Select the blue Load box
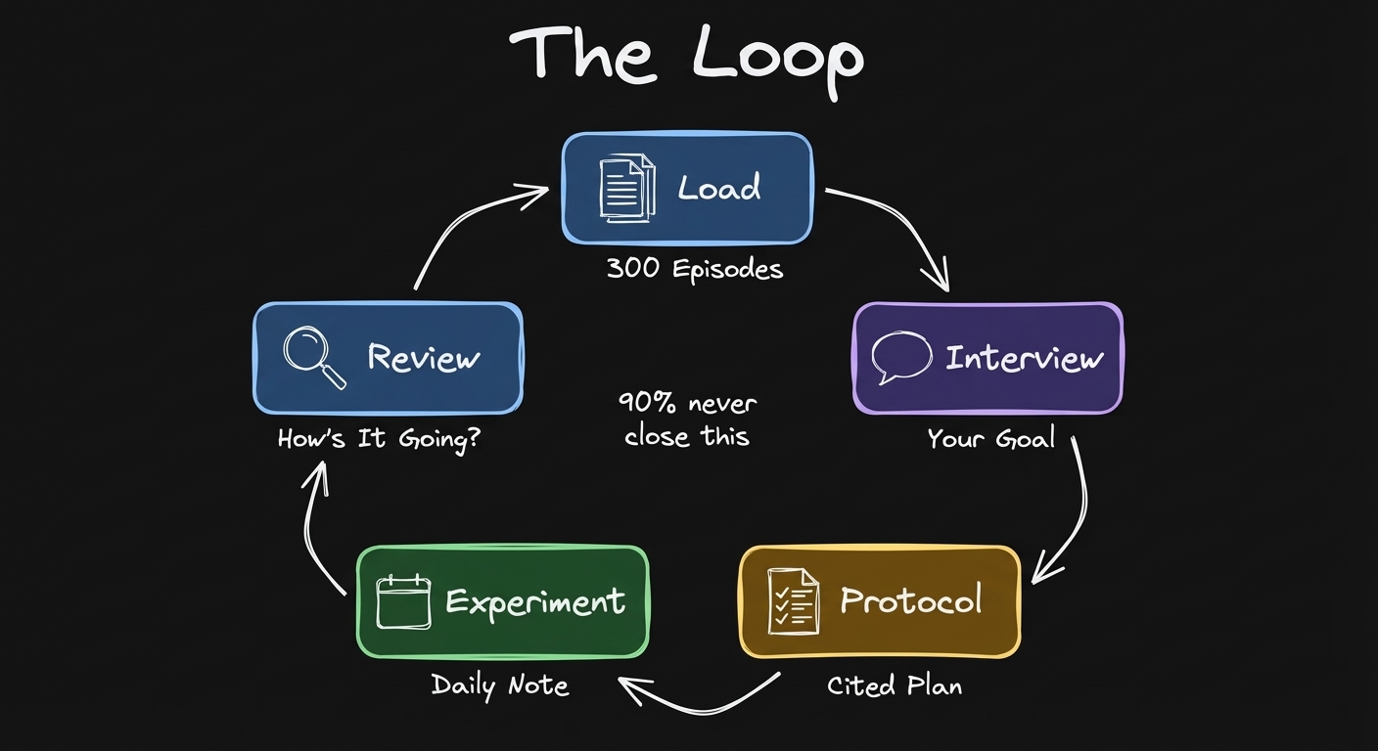[687, 188]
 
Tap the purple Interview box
[988, 358]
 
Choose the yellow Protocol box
[879, 600]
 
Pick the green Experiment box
[502, 600]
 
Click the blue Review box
[388, 358]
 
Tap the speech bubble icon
[900, 357]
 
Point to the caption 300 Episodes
[695, 269]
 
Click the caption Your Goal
[990, 438]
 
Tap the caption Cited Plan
[894, 685]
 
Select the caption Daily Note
[500, 685]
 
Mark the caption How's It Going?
[379, 438]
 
